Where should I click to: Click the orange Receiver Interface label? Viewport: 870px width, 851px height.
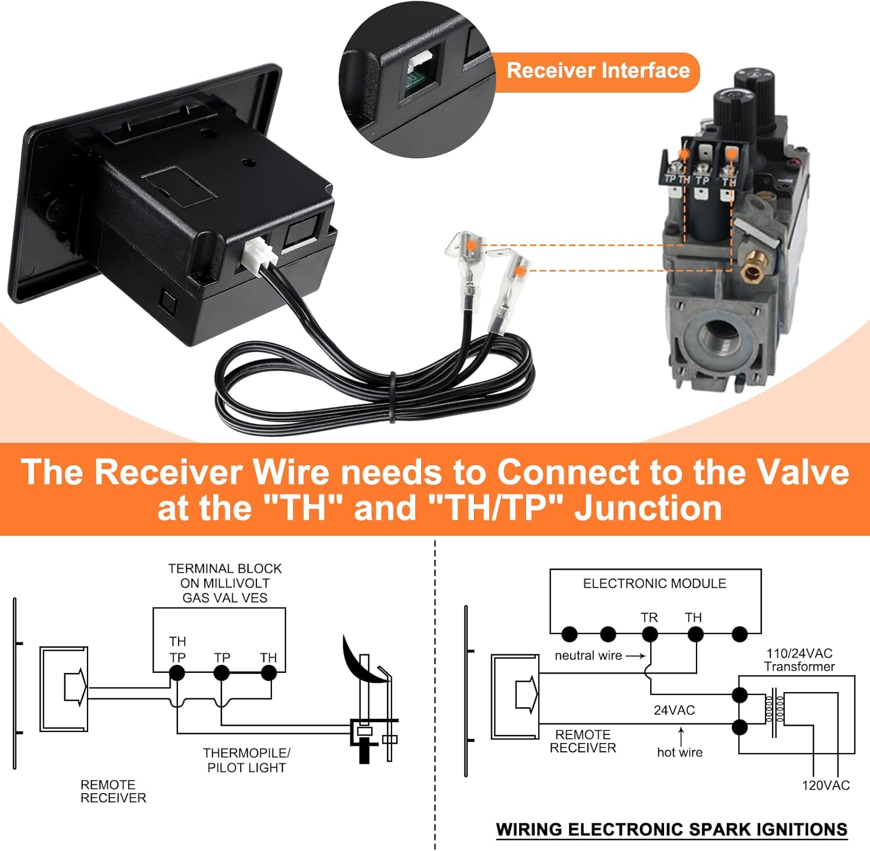tap(598, 71)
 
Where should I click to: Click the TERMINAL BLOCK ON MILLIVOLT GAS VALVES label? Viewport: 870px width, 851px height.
tap(224, 583)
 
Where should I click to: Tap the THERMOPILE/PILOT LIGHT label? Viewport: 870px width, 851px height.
tap(246, 760)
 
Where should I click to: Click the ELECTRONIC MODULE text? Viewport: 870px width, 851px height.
tap(654, 584)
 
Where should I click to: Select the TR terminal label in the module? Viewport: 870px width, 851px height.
tap(649, 618)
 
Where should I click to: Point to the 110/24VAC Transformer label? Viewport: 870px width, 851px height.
tap(799, 660)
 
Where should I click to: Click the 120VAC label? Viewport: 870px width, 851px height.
tap(825, 785)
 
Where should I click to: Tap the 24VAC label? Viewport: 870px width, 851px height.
tap(674, 710)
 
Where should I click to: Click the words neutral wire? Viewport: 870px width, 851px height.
tap(588, 656)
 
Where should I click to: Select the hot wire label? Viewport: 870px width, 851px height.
tap(679, 752)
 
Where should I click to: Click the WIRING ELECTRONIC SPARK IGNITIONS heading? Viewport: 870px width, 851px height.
tap(671, 830)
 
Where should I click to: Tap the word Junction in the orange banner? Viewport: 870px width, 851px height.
tap(648, 508)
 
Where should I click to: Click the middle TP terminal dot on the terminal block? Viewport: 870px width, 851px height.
tap(222, 673)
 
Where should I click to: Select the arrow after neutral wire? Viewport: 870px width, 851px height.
tap(636, 656)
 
